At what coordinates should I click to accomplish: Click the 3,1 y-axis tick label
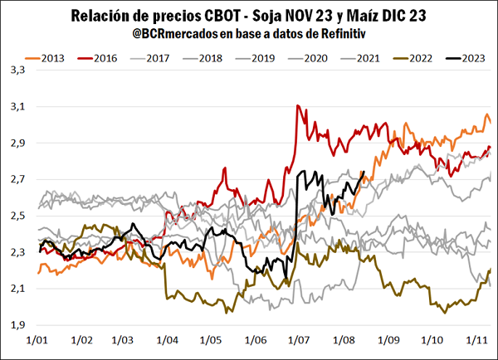(16, 107)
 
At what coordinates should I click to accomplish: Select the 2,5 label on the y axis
(16, 216)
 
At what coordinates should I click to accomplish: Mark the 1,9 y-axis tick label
(16, 324)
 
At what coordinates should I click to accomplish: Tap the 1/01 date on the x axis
(37, 340)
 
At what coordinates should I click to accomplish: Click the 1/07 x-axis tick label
(295, 340)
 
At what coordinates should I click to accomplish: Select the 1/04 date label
(165, 340)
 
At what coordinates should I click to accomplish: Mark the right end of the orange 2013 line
(490, 123)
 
